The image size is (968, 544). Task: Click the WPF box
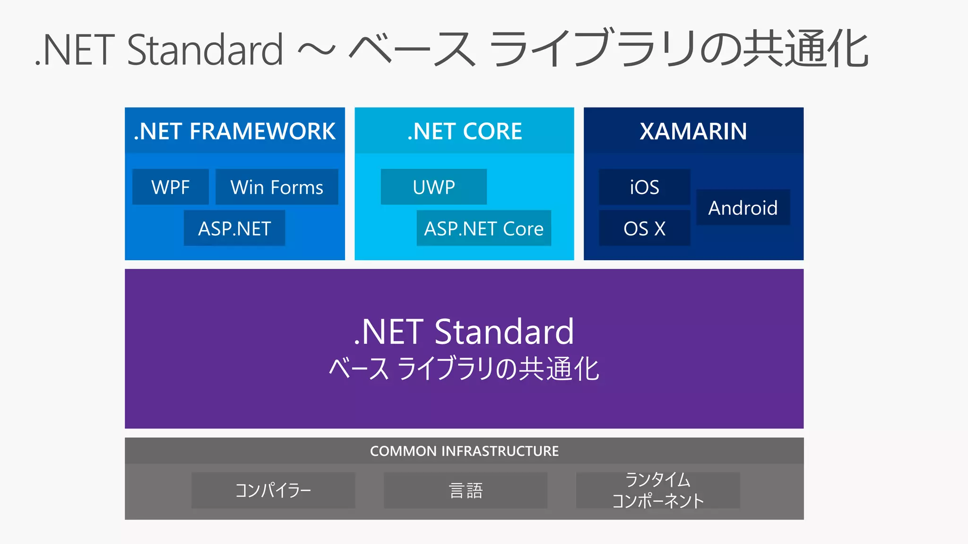pos(171,187)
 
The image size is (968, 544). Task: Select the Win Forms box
pos(277,187)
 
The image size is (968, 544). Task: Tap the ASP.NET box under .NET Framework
pos(234,229)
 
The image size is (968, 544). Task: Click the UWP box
pos(434,187)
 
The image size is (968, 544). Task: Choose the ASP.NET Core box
pos(484,229)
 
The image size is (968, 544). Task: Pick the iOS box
pos(644,187)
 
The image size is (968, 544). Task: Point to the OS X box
pos(644,229)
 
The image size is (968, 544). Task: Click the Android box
pos(743,208)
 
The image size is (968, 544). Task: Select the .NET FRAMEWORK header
pos(234,131)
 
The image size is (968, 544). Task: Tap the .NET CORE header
pos(465,131)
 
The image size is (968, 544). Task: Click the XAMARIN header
pos(693,131)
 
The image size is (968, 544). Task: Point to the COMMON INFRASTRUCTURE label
pos(464,451)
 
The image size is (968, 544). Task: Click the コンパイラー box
pos(273,490)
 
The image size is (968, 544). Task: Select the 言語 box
pos(466,490)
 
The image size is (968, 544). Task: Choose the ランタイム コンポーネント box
pos(658,490)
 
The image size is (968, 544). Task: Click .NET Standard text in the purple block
pos(464,331)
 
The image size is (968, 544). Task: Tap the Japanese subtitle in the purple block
pos(464,369)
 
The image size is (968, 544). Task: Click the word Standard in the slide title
pos(205,50)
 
